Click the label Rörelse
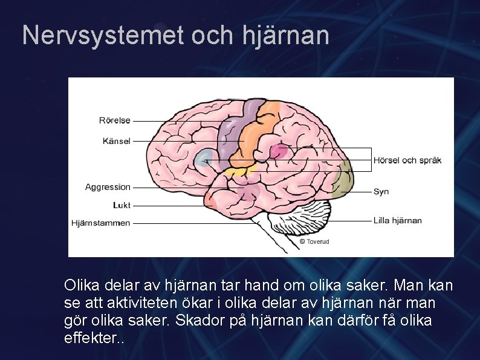coord(115,120)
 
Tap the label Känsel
coord(116,141)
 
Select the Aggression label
coord(108,187)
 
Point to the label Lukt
coord(121,205)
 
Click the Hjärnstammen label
coord(100,223)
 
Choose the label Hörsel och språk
coord(407,160)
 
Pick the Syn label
coord(381,191)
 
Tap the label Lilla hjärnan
coord(397,220)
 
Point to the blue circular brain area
coord(204,158)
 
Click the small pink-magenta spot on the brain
coord(278,151)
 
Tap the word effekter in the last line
coord(91,338)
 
